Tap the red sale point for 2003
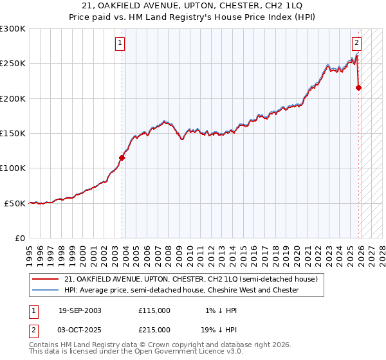122,157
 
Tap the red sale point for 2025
359,87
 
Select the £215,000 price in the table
154,329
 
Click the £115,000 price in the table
154,310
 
